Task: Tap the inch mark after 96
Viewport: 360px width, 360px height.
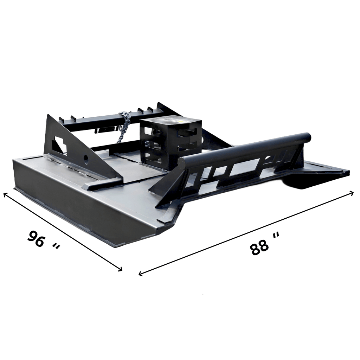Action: (56, 247)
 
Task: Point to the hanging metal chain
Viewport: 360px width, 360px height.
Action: (123, 127)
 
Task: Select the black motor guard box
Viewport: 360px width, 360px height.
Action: (171, 144)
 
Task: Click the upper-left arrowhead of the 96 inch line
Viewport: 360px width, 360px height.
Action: (5, 195)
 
